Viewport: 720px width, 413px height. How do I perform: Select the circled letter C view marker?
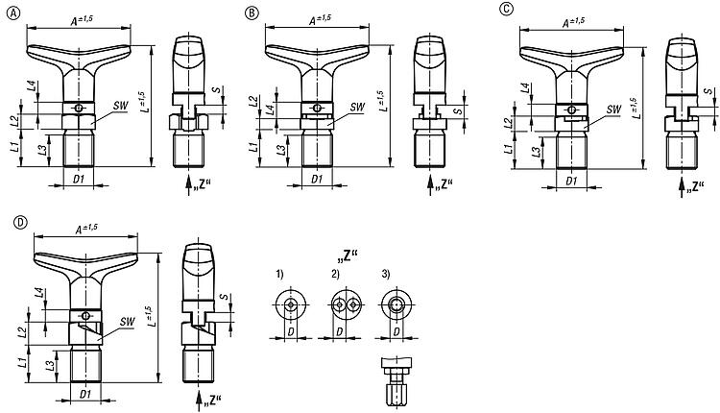pos(506,10)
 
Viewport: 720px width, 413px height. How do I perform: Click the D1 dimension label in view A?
pos(79,180)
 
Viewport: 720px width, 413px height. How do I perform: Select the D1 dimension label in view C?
pos(571,180)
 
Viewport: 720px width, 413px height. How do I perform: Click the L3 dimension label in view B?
pos(281,151)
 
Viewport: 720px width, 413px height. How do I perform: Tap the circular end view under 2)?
pos(343,305)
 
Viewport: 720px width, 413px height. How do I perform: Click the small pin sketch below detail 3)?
pos(396,378)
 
